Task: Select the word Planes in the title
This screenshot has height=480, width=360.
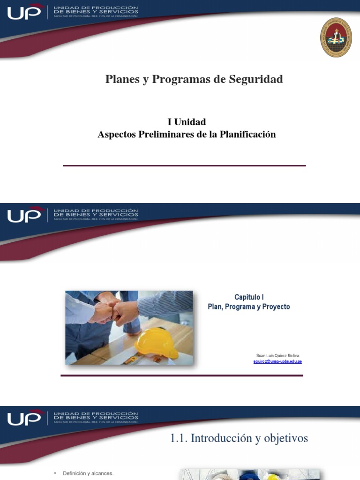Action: [120, 79]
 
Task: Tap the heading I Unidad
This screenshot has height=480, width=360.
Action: [187, 122]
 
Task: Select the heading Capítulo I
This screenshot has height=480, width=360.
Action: [249, 297]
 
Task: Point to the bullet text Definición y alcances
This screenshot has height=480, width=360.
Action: [88, 474]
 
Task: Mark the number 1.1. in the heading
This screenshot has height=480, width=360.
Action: [178, 438]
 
